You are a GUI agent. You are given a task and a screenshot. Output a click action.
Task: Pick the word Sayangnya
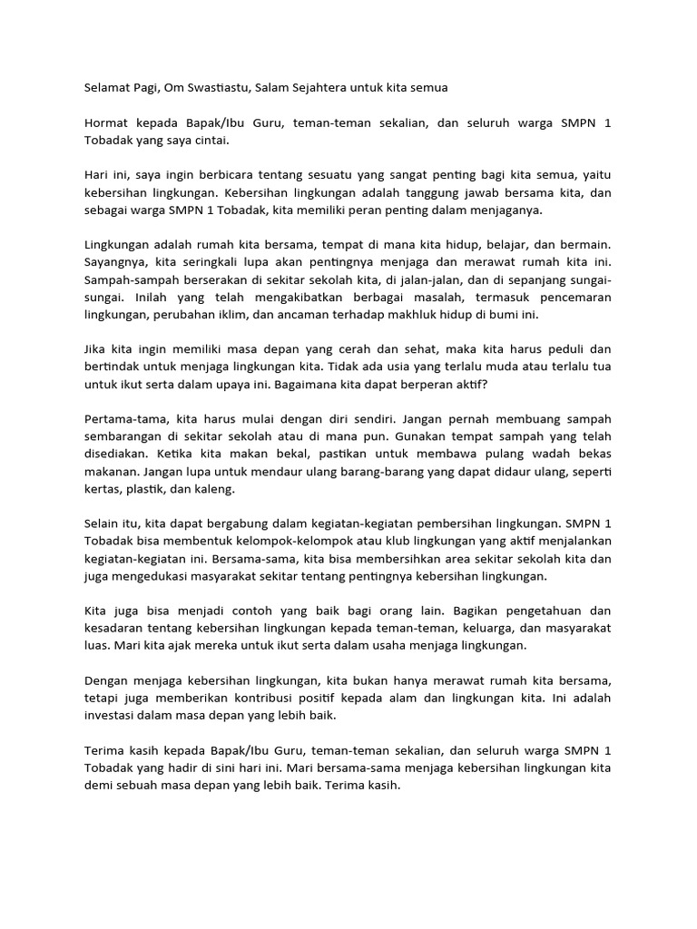coord(115,262)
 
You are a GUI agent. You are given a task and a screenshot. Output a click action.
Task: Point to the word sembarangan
coord(123,437)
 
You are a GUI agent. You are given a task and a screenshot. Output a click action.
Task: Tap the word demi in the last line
coord(99,786)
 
